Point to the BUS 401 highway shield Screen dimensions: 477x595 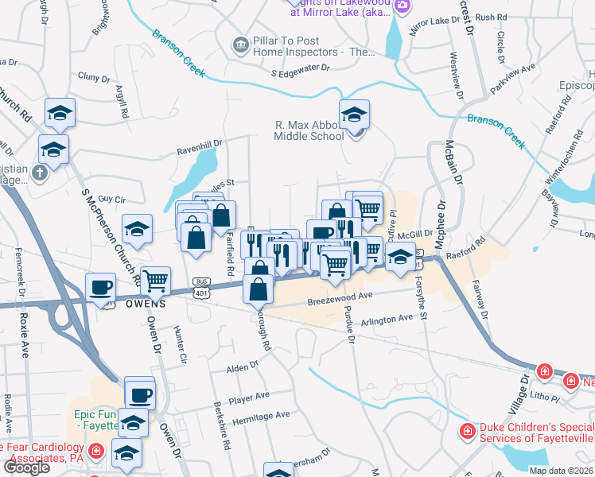coord(201,286)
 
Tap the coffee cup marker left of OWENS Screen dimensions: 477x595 coord(101,287)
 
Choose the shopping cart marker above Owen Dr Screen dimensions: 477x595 coord(155,280)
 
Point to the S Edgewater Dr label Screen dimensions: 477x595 coord(300,72)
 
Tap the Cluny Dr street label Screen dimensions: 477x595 coord(93,78)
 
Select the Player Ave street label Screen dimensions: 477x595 coord(249,397)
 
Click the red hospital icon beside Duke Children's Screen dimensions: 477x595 coord(468,432)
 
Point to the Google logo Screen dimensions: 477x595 coord(25,467)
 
